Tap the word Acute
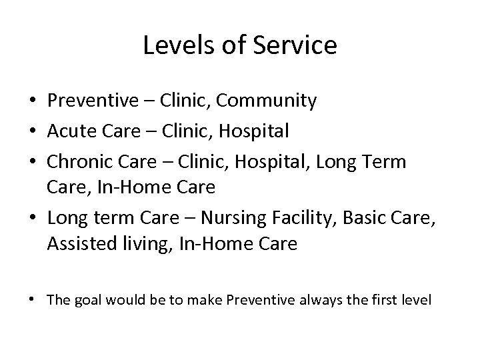point(70,131)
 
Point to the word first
point(384,301)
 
